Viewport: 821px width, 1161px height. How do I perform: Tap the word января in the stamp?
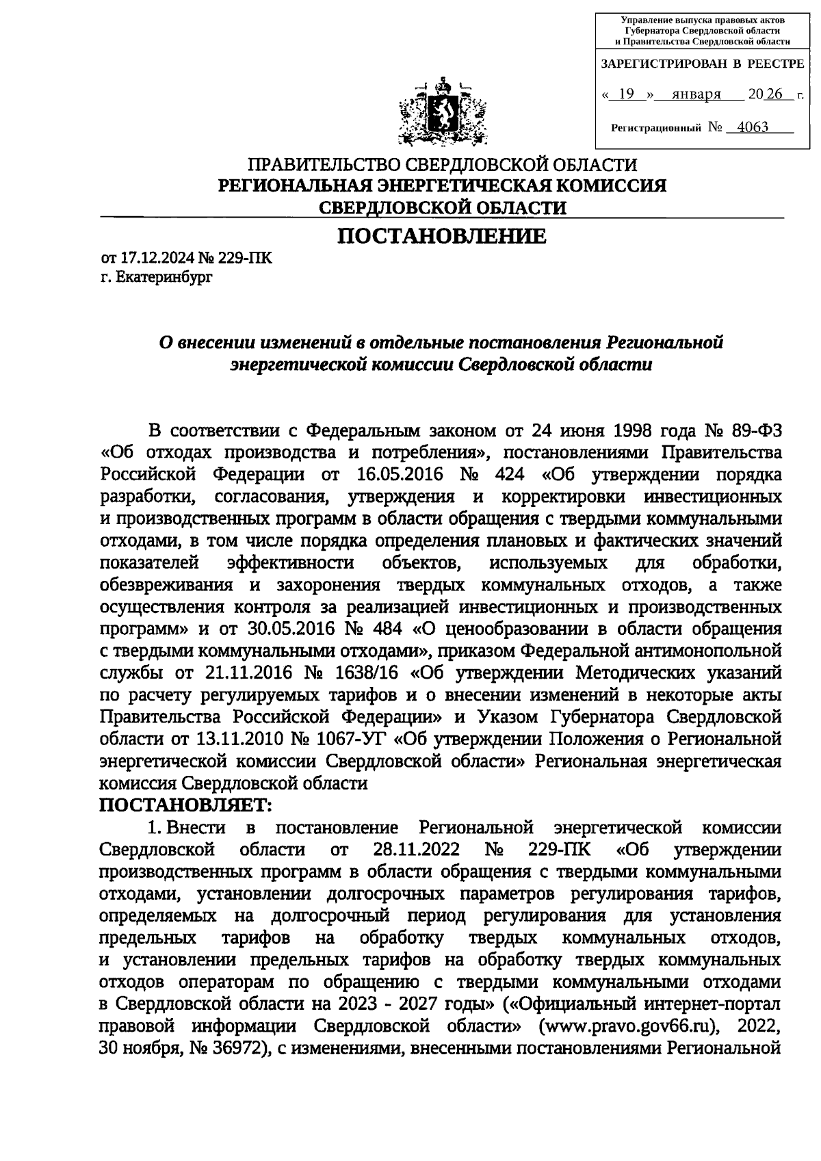(696, 94)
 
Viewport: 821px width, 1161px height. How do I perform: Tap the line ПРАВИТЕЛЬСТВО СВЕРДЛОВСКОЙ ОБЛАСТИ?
(442, 165)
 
